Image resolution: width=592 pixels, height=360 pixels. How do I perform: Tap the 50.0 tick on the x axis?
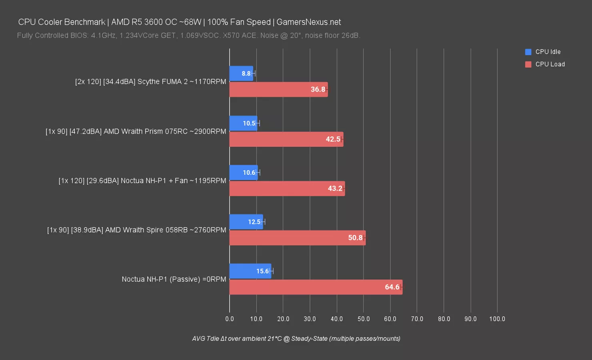click(364, 319)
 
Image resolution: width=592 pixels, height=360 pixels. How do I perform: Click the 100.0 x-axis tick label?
click(497, 319)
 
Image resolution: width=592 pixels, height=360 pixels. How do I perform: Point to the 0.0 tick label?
click(230, 319)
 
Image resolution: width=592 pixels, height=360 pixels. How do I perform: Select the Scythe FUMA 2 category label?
click(150, 82)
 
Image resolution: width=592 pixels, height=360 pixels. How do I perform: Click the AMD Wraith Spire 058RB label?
click(136, 230)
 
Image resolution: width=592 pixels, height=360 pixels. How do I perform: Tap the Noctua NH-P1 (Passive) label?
click(174, 279)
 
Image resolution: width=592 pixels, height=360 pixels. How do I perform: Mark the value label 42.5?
click(333, 139)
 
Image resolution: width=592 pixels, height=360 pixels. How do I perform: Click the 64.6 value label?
click(392, 287)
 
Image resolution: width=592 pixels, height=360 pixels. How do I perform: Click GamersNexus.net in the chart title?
click(308, 22)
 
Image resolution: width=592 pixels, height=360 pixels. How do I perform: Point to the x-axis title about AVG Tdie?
click(296, 338)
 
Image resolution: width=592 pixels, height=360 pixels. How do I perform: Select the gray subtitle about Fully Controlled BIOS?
click(188, 36)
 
